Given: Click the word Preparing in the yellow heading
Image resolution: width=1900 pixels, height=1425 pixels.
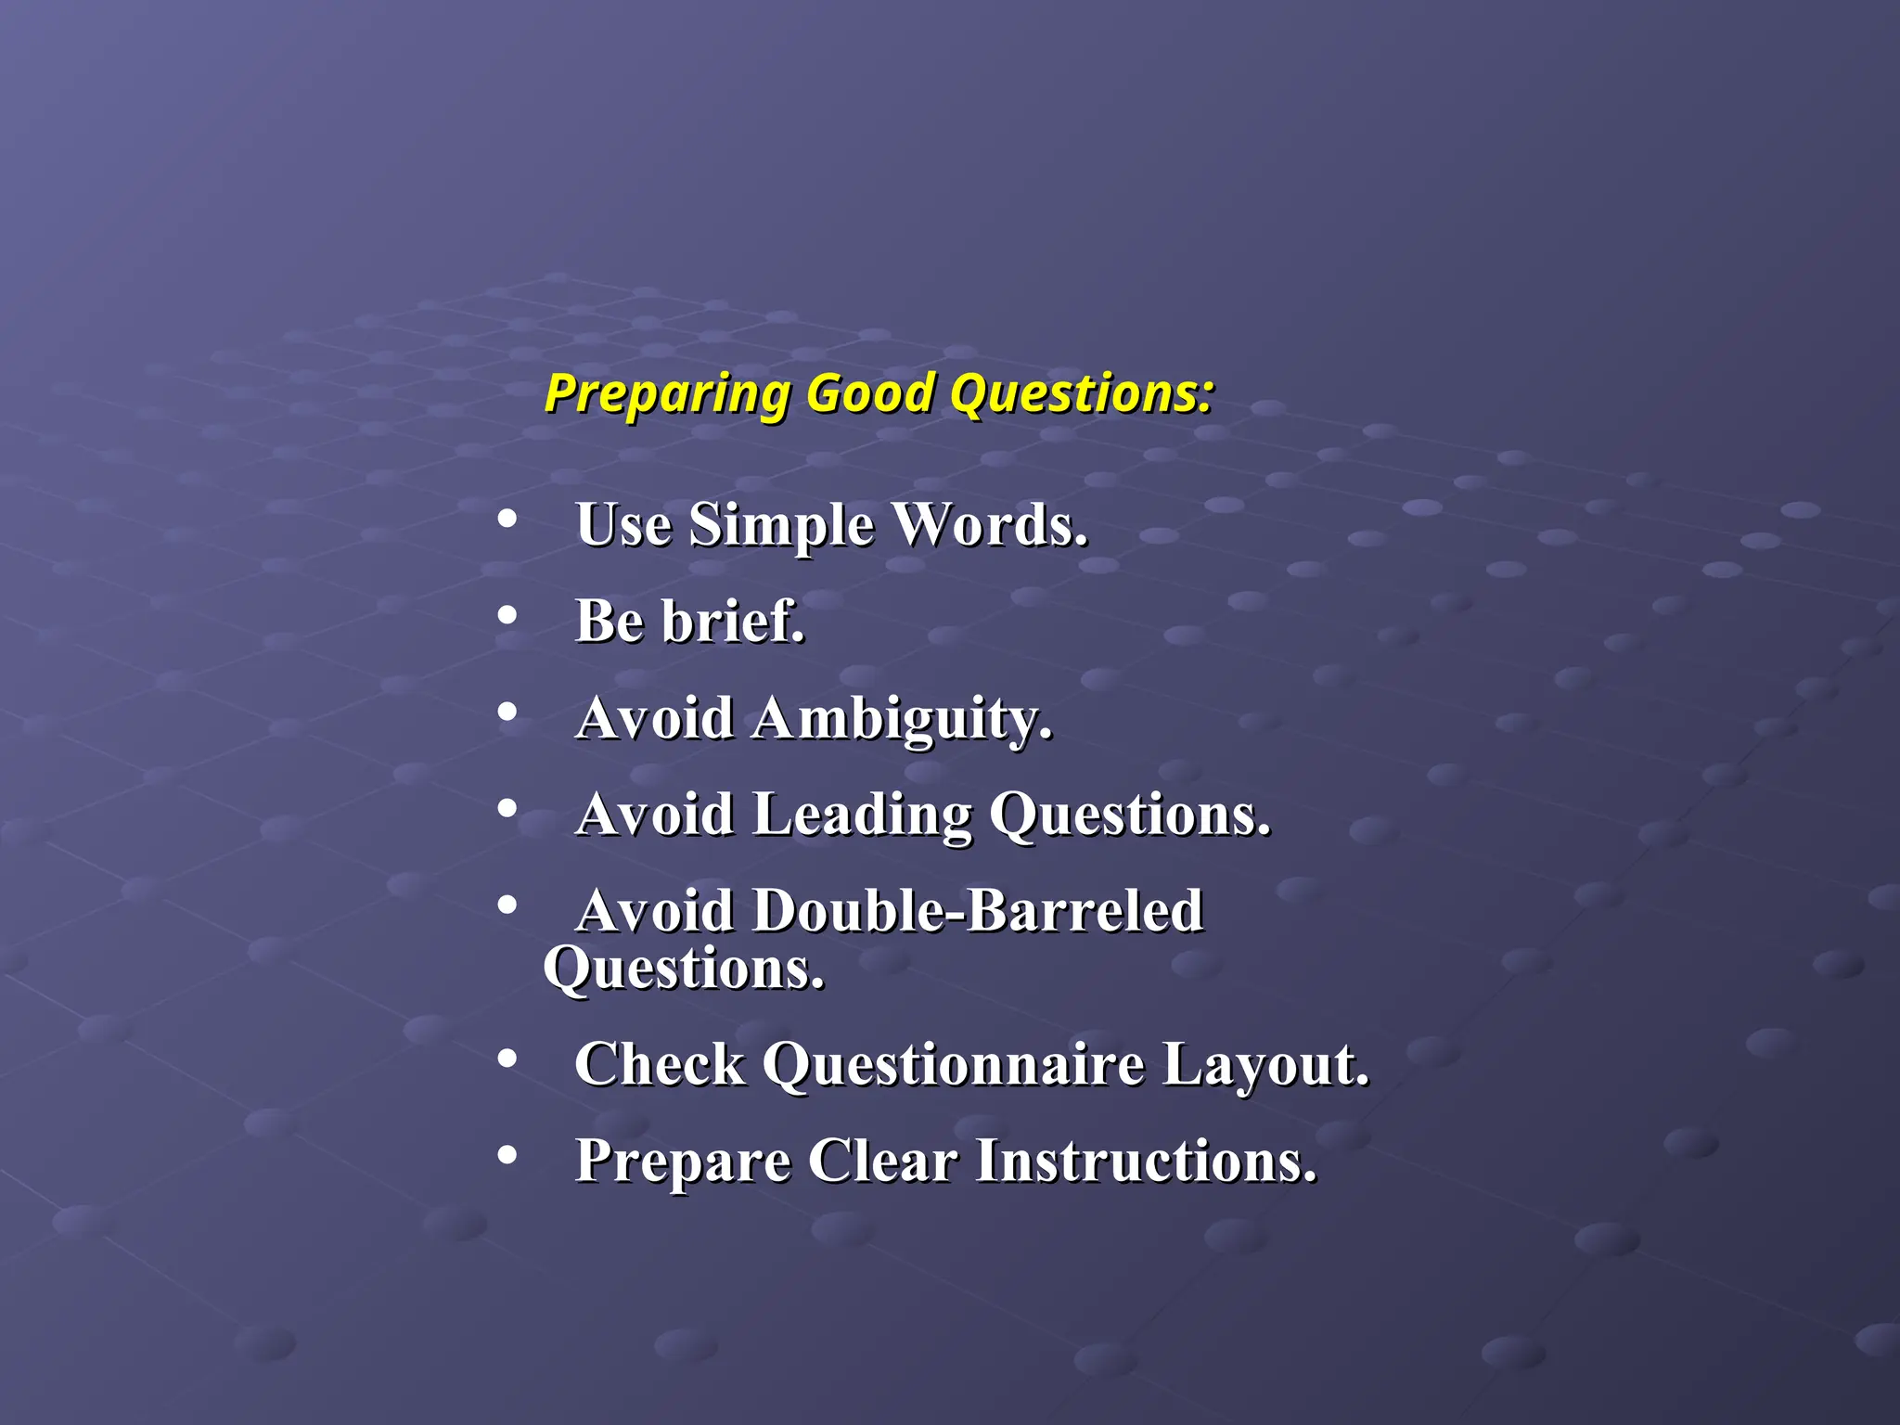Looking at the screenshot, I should [666, 394].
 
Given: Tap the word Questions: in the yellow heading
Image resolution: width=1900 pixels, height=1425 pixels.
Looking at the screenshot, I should [1081, 394].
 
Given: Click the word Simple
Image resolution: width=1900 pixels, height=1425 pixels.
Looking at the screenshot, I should [781, 526].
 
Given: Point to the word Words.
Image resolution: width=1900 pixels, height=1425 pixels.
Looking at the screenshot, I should [989, 526].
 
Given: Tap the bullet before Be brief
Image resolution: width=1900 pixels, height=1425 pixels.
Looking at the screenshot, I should [507, 615].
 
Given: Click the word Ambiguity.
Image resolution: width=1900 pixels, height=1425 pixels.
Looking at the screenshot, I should [902, 719].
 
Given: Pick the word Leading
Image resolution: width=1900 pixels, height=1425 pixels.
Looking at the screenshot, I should [862, 815].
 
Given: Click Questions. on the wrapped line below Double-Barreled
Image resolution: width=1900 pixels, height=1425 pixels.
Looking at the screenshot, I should [684, 969].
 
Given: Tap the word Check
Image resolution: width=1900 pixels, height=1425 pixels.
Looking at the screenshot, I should [660, 1064].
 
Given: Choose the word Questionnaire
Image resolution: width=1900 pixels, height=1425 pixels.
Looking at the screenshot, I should [953, 1064].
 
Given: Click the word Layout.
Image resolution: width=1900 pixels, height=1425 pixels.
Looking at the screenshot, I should [1265, 1064].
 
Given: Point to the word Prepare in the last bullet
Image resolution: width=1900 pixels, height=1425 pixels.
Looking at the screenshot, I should [683, 1162].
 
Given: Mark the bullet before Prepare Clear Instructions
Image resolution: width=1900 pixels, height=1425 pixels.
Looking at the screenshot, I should [507, 1155].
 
